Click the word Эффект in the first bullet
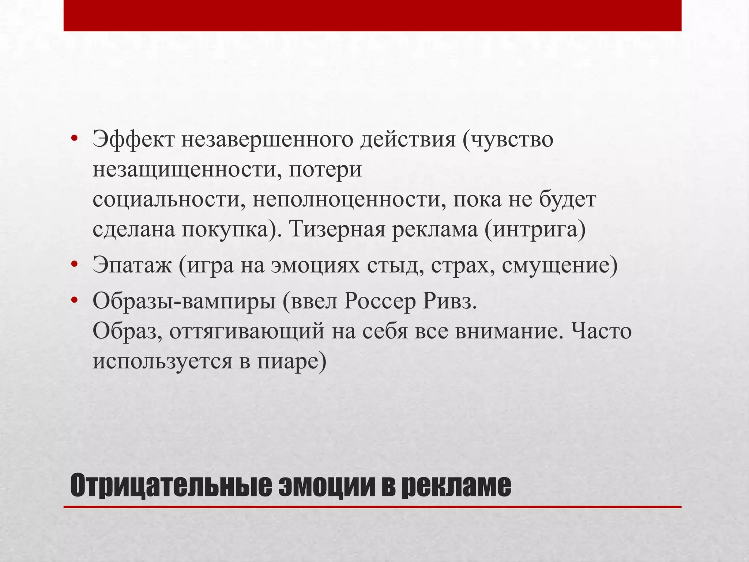point(133,140)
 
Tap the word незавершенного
point(267,140)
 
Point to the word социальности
point(169,200)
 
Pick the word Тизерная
point(337,230)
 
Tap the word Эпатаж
point(132,265)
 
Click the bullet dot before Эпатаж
point(75,264)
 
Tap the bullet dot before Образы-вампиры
point(75,300)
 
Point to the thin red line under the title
point(372,507)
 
